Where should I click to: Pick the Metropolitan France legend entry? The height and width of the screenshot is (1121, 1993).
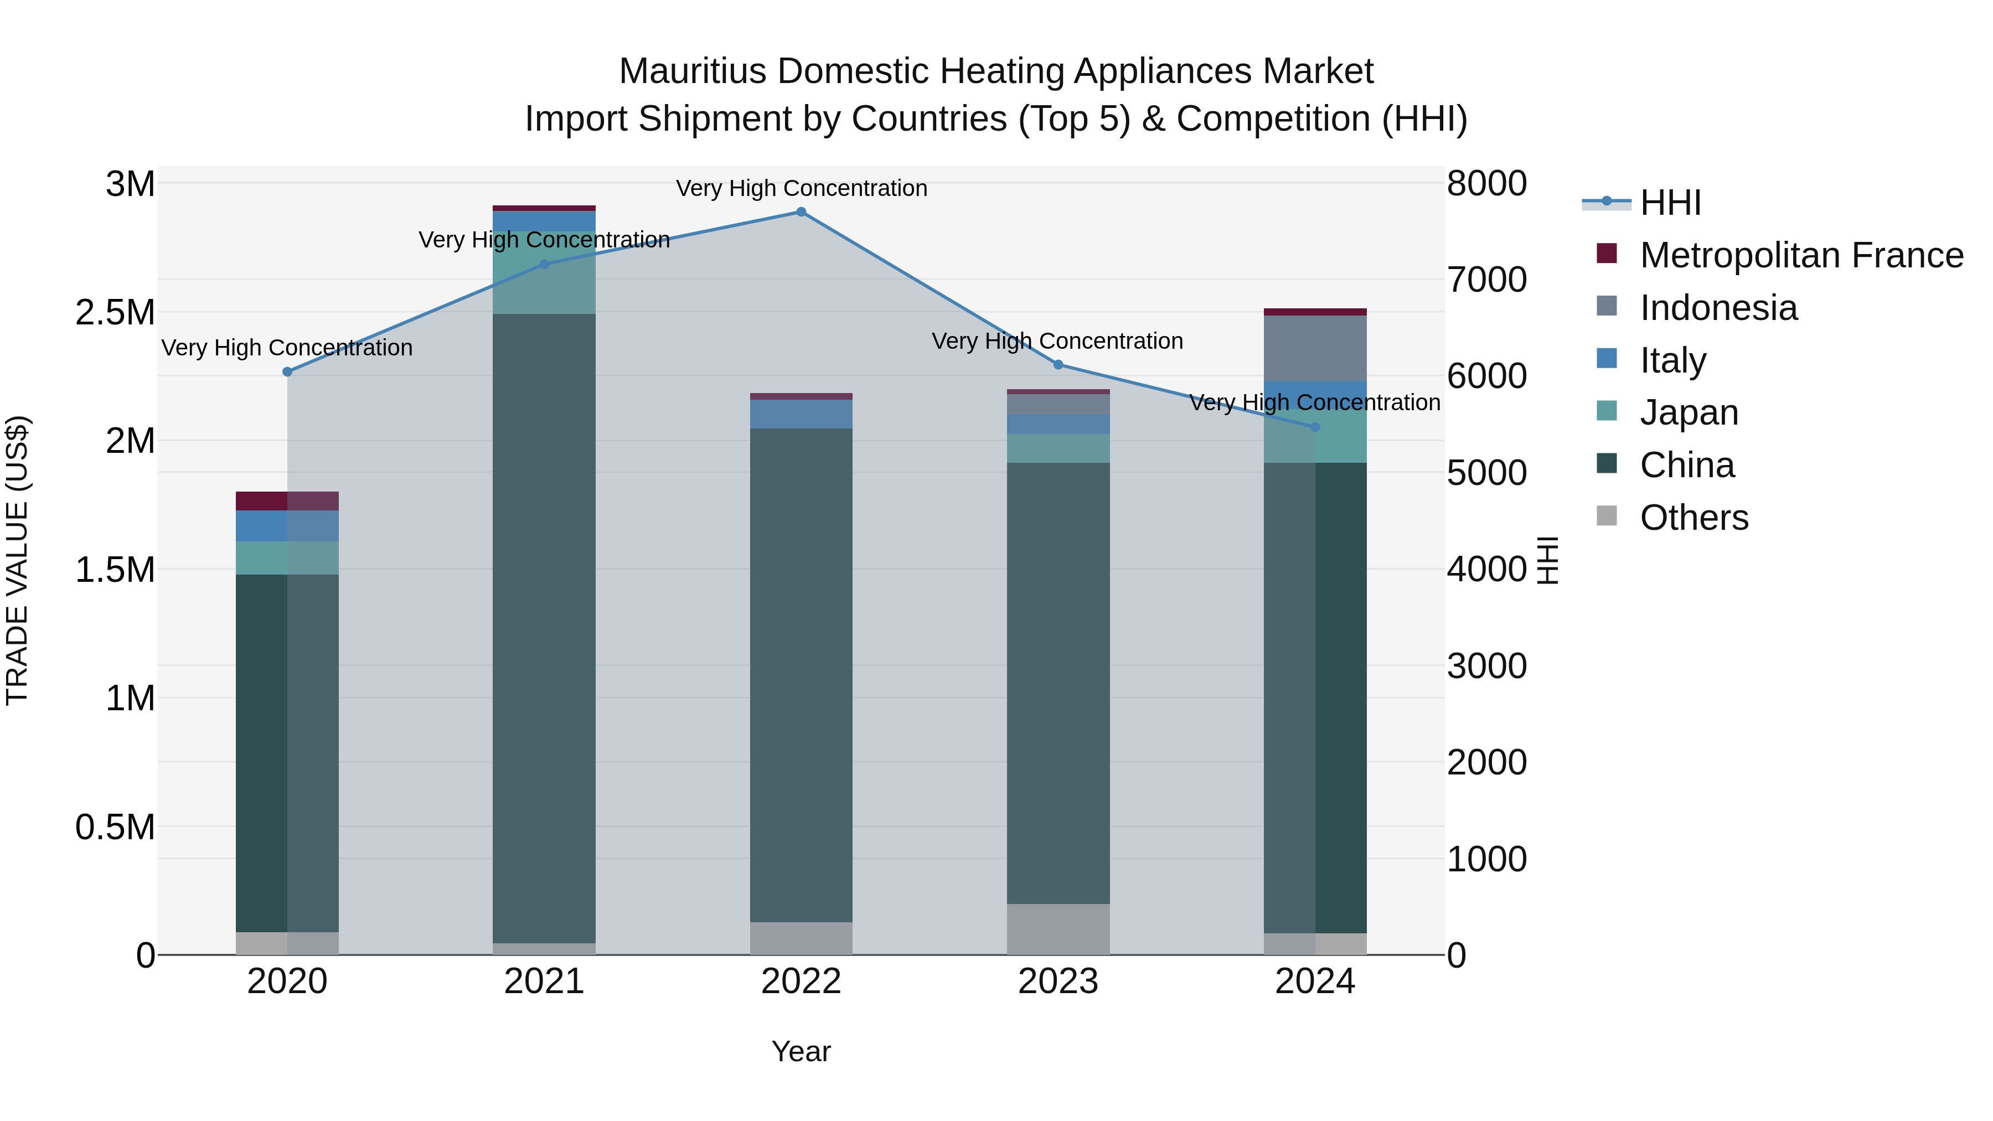(1800, 255)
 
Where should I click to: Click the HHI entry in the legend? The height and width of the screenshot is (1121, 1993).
(1670, 203)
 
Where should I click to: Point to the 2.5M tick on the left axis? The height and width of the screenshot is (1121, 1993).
(115, 313)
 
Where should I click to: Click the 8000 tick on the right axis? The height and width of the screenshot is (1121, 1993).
(1486, 184)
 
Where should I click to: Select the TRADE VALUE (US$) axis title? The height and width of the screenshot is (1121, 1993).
(17, 560)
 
